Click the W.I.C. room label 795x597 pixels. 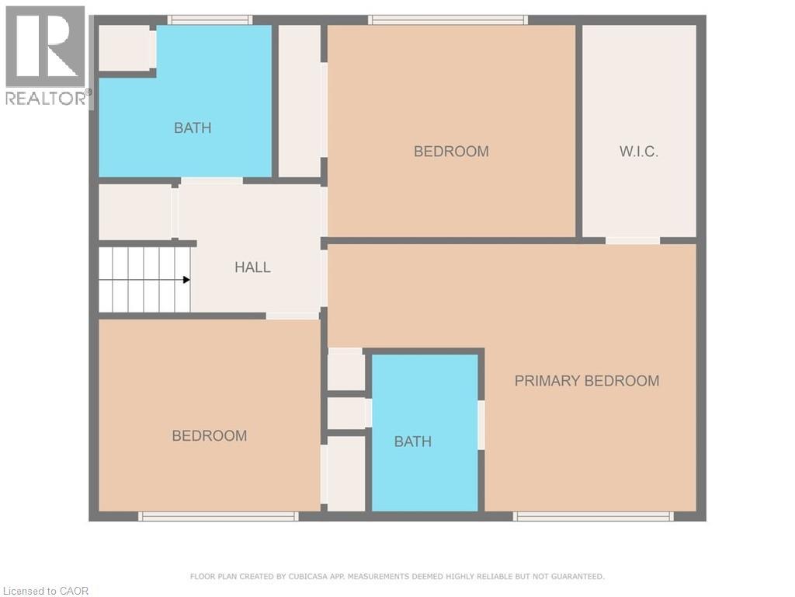tap(639, 152)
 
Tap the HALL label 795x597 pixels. tap(253, 267)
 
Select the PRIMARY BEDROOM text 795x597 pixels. tap(587, 381)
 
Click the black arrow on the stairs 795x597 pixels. tap(186, 280)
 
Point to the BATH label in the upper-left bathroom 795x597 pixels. tap(193, 128)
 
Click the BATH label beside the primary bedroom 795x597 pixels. tap(413, 442)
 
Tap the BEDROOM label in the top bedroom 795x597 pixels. tap(451, 152)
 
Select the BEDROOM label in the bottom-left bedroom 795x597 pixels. tap(210, 436)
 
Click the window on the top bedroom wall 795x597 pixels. tap(448, 20)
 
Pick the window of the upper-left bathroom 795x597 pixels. tap(210, 20)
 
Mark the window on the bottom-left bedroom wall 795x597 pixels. tap(218, 516)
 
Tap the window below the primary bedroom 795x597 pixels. tap(593, 516)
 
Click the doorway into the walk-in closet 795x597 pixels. tap(633, 240)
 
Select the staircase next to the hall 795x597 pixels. tap(144, 280)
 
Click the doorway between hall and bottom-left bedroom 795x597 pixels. tap(293, 316)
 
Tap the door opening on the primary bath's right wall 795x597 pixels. tap(481, 424)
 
